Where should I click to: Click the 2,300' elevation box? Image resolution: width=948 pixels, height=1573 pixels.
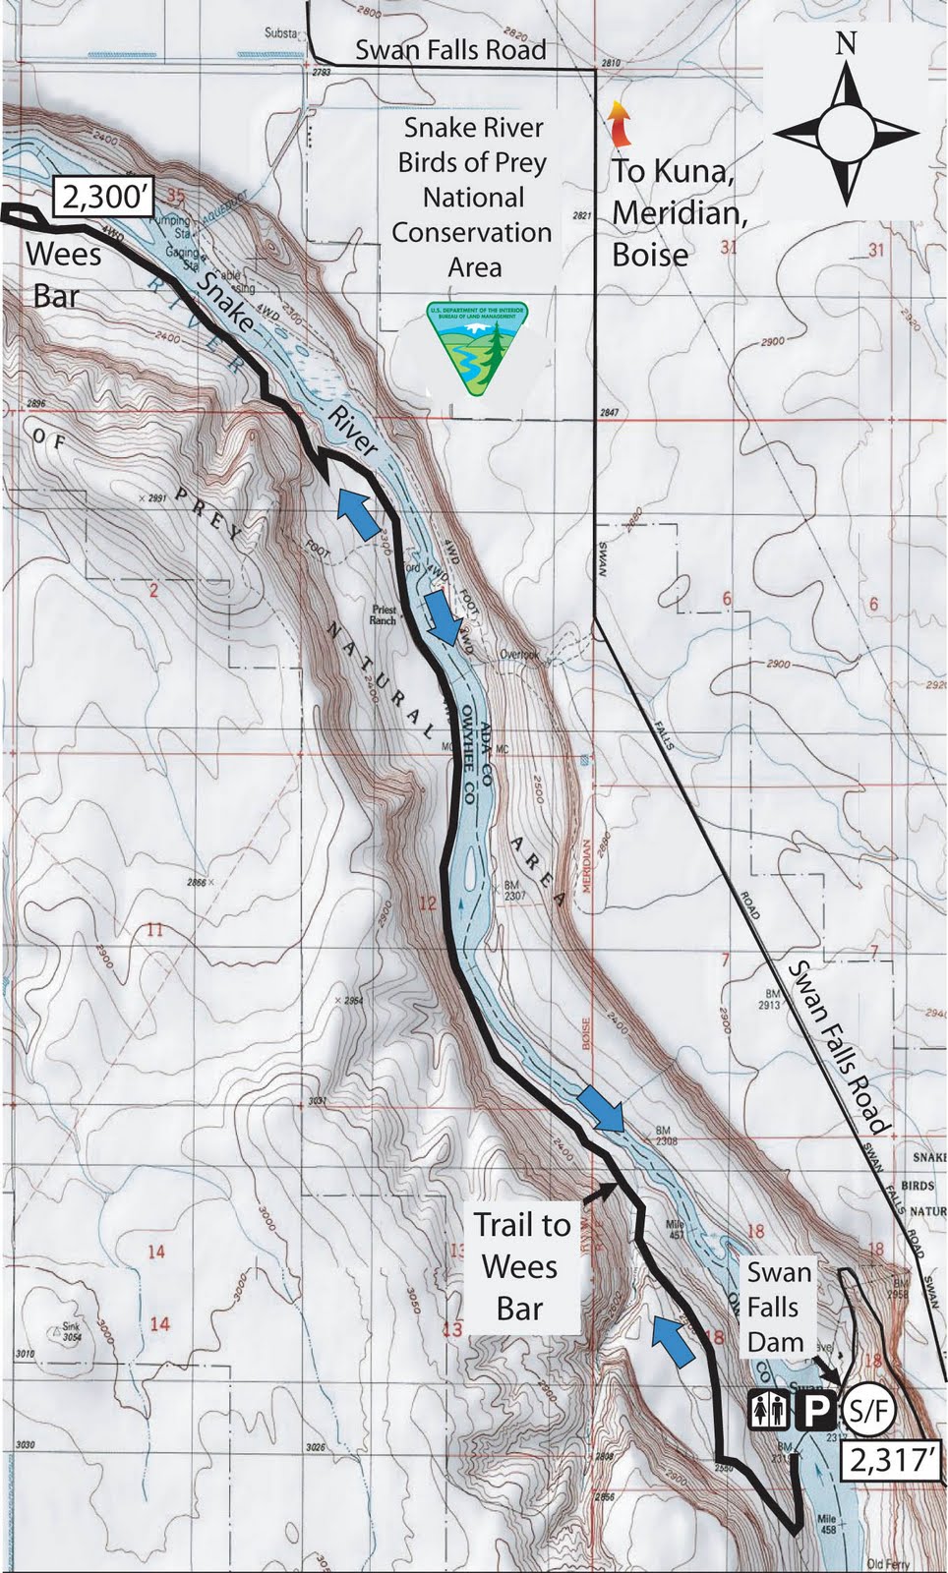tap(103, 198)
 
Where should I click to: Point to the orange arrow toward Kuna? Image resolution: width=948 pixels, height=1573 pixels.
tap(618, 124)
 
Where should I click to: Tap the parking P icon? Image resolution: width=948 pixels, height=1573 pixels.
tap(815, 1413)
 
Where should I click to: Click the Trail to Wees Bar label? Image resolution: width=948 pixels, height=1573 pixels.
tap(521, 1266)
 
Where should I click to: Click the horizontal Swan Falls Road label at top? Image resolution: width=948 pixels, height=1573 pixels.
tap(450, 49)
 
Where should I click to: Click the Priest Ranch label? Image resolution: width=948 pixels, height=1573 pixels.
tap(384, 614)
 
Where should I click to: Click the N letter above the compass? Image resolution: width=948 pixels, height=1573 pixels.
tap(846, 44)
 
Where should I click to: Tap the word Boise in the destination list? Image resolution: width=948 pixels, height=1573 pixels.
tap(650, 255)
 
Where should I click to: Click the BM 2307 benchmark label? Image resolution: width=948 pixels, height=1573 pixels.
tap(514, 891)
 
